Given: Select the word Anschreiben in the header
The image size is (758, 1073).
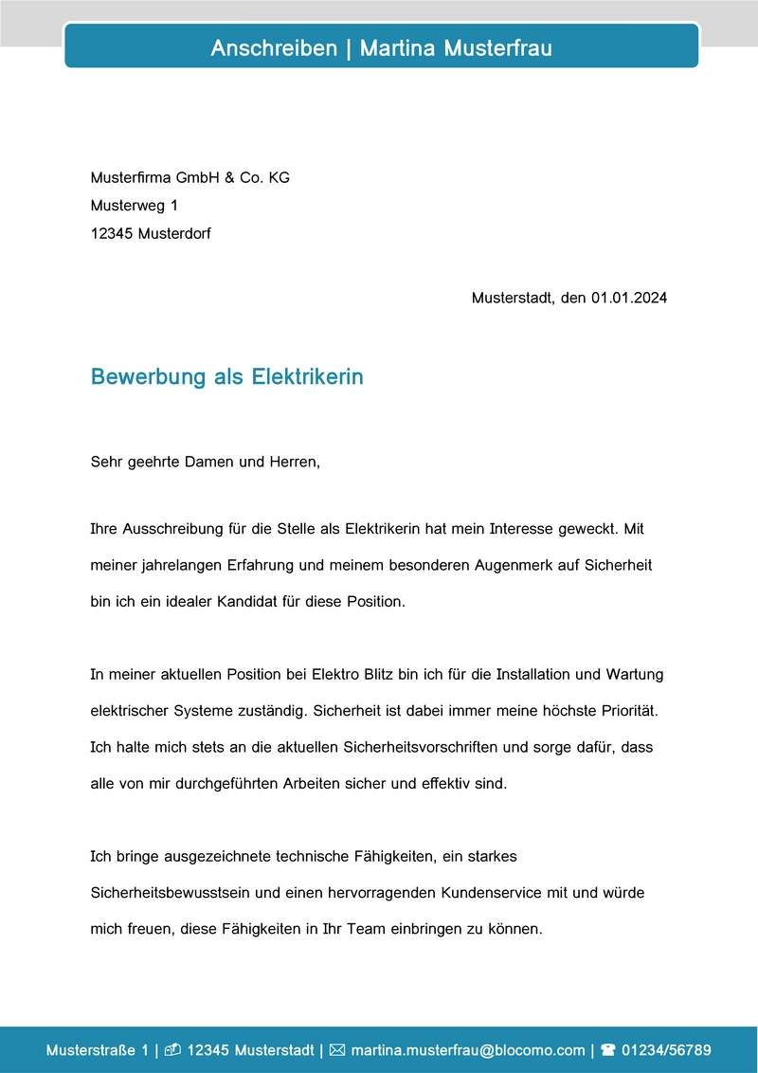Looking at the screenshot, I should pyautogui.click(x=274, y=48).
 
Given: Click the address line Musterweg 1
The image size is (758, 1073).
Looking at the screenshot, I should pyautogui.click(x=134, y=205).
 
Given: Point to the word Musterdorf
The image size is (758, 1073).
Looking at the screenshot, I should pyautogui.click(x=174, y=233).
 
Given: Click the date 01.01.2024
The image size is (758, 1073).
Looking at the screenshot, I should pyautogui.click(x=630, y=298).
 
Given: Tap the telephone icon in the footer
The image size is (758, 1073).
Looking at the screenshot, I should pyautogui.click(x=608, y=1050).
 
